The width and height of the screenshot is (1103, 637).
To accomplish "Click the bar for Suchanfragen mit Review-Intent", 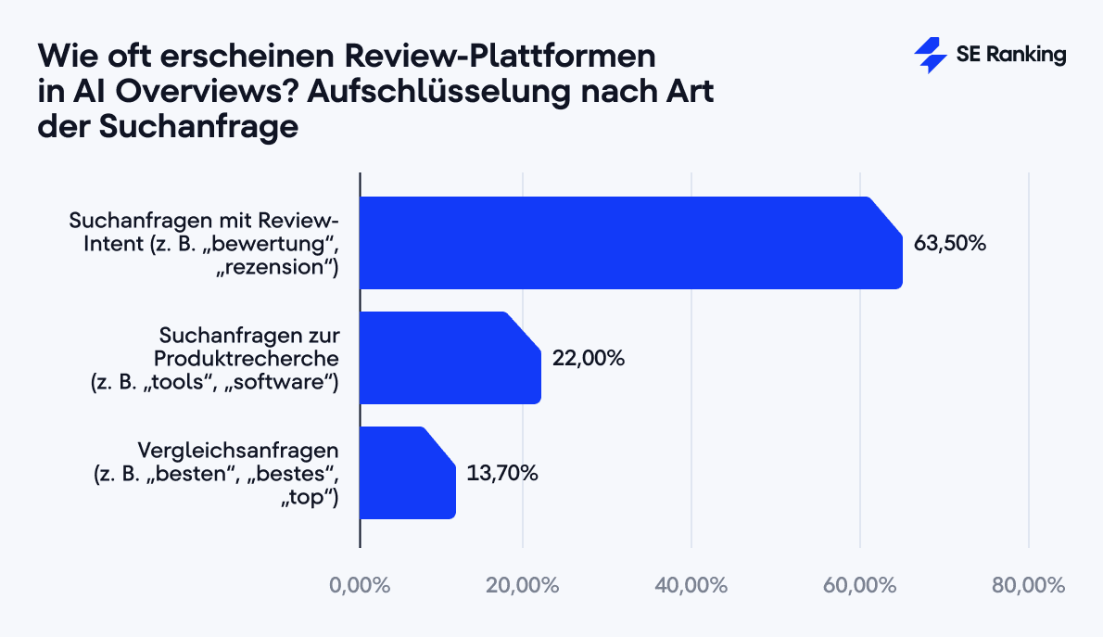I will [630, 243].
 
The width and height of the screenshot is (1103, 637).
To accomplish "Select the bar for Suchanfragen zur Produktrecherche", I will [450, 358].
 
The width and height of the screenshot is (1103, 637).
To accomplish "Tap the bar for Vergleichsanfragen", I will [407, 473].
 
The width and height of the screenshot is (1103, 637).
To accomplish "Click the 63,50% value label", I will [950, 244].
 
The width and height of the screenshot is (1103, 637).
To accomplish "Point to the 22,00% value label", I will [588, 358].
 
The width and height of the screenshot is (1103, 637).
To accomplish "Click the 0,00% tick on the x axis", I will [360, 586].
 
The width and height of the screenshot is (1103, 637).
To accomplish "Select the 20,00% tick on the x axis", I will [523, 586].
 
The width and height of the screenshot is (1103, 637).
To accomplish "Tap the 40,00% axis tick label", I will [691, 586].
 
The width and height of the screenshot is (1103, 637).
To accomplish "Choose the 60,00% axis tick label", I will [860, 586].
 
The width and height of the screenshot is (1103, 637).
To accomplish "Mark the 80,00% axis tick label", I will [1028, 586].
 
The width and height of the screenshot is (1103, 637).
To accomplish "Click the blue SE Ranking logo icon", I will [930, 56].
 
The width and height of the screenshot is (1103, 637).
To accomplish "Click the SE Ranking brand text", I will [1011, 56].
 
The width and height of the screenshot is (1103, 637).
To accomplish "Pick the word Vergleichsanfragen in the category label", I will [238, 451].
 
